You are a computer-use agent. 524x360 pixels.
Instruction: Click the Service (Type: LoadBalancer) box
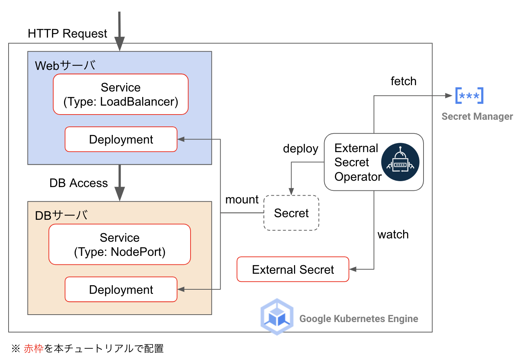pyautogui.click(x=121, y=94)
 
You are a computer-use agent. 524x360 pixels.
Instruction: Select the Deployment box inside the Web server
pyautogui.click(x=121, y=139)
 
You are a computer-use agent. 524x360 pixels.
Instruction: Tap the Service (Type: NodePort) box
pyautogui.click(x=119, y=244)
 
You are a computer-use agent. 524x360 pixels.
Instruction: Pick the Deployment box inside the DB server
pyautogui.click(x=121, y=289)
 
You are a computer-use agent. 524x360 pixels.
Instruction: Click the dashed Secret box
pyautogui.click(x=291, y=213)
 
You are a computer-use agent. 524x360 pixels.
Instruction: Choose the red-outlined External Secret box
pyautogui.click(x=293, y=269)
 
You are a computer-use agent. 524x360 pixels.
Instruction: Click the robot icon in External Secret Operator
pyautogui.click(x=400, y=162)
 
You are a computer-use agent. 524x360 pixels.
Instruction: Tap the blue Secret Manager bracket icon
pyautogui.click(x=469, y=96)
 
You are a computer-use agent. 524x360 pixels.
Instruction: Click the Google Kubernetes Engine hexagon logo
pyautogui.click(x=277, y=317)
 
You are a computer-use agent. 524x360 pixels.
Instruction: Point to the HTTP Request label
pyautogui.click(x=67, y=33)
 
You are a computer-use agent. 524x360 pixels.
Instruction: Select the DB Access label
pyautogui.click(x=79, y=183)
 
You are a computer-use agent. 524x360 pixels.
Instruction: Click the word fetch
pyautogui.click(x=403, y=81)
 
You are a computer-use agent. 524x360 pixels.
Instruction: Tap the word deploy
pyautogui.click(x=300, y=148)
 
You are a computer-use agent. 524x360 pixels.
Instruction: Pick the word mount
pyautogui.click(x=242, y=200)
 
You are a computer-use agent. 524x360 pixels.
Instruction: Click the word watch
pyautogui.click(x=393, y=235)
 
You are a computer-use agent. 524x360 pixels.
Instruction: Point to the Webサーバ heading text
pyautogui.click(x=65, y=65)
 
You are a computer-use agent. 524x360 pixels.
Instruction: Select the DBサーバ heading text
pyautogui.click(x=61, y=215)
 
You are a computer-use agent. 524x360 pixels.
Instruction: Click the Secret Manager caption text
pyautogui.click(x=477, y=116)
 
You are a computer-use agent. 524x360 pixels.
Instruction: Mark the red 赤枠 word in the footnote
pyautogui.click(x=34, y=348)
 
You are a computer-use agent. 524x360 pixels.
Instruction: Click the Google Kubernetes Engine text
pyautogui.click(x=359, y=319)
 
